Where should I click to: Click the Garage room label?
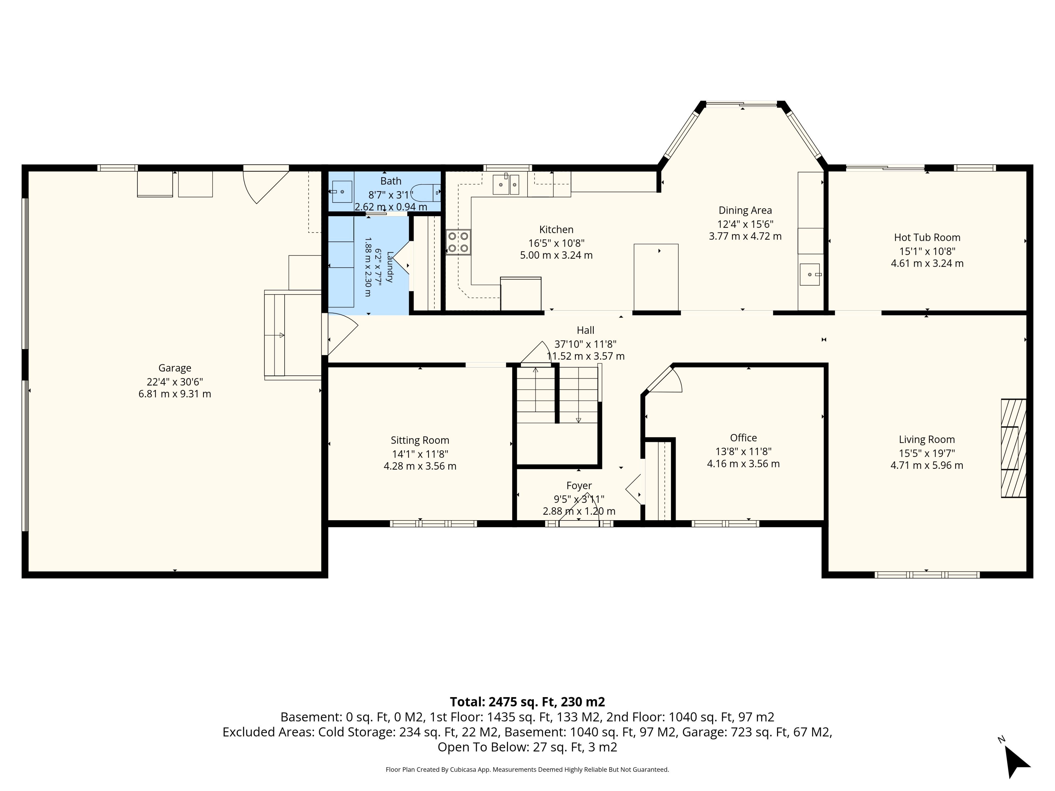[174, 368]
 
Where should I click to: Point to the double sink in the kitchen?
[506, 184]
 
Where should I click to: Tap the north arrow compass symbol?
[1016, 761]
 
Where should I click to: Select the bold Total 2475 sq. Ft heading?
[527, 702]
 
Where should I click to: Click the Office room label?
[743, 438]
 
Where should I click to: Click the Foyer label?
[579, 485]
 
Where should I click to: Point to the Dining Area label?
[745, 210]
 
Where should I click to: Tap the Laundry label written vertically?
[390, 267]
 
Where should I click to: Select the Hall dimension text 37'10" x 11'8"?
[585, 344]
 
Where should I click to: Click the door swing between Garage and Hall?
[342, 334]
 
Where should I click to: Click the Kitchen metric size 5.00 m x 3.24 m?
[556, 255]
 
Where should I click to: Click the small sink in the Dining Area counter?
[810, 275]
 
